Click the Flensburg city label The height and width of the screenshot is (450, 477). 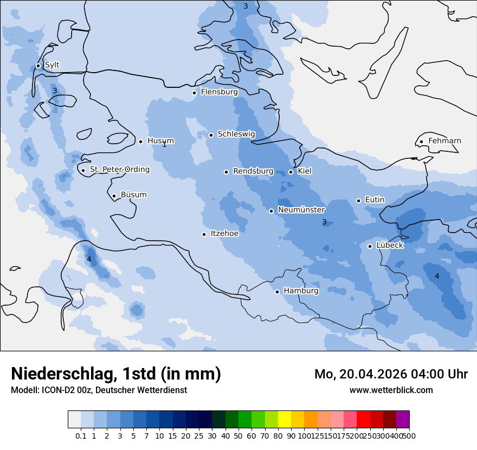[x=219, y=92]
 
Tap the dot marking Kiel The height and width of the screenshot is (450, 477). [x=291, y=172]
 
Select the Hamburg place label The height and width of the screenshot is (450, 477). [x=301, y=291]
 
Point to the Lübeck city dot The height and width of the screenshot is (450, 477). [x=370, y=246]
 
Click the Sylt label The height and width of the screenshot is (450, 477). [x=52, y=65]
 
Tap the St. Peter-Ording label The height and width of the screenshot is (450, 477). [x=119, y=170]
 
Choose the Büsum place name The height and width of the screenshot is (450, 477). [x=133, y=195]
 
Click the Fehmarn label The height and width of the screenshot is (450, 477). [x=444, y=141]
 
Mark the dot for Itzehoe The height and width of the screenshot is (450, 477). [x=204, y=234]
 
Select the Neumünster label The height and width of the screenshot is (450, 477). [x=301, y=210]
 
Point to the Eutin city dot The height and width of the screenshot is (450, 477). [x=358, y=201]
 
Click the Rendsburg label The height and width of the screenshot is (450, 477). [x=253, y=171]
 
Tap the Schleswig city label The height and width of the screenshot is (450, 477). [x=236, y=134]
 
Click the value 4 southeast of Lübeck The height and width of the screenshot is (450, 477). [x=437, y=276]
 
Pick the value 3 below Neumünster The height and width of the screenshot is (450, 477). [x=324, y=222]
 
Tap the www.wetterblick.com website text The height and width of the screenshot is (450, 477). [x=391, y=390]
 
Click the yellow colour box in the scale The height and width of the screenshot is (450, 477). [x=284, y=420]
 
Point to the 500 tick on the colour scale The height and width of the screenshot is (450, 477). [x=409, y=435]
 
